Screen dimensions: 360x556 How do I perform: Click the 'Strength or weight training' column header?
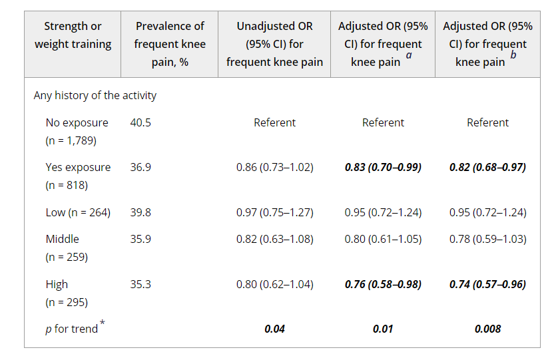tap(73, 35)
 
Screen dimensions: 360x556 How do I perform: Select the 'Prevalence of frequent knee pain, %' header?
tap(170, 44)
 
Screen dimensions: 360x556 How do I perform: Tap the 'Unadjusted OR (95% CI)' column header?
tap(274, 44)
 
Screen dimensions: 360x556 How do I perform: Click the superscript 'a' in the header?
tap(408, 57)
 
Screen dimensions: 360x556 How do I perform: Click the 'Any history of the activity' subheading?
tap(95, 95)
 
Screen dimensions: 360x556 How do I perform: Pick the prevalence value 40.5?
tap(140, 122)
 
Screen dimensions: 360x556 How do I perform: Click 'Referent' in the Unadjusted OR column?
tap(274, 122)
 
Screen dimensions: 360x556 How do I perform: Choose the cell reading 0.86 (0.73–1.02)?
tap(274, 167)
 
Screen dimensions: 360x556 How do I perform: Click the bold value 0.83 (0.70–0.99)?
tap(383, 167)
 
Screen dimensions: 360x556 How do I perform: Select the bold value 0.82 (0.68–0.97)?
tap(487, 167)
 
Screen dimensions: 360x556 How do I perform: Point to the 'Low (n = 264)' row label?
tap(78, 212)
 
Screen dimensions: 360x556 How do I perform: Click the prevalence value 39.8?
tap(140, 212)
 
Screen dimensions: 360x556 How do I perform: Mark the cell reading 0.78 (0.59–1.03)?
tap(487, 239)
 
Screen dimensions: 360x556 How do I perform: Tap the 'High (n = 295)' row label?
tap(67, 293)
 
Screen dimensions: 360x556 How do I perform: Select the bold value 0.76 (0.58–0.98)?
tap(383, 284)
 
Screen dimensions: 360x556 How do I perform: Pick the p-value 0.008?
tap(487, 329)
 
